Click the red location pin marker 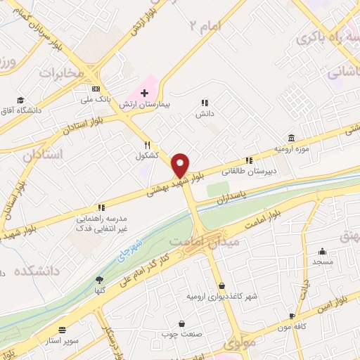point(181,165)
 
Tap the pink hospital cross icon point(144,93)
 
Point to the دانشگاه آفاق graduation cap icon point(21,101)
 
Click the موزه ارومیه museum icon point(291,138)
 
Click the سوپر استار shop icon point(63,330)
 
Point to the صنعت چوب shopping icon point(183,324)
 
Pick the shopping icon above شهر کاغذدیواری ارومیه point(222,286)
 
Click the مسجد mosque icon point(323,252)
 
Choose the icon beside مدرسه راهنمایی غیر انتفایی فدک point(101,207)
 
